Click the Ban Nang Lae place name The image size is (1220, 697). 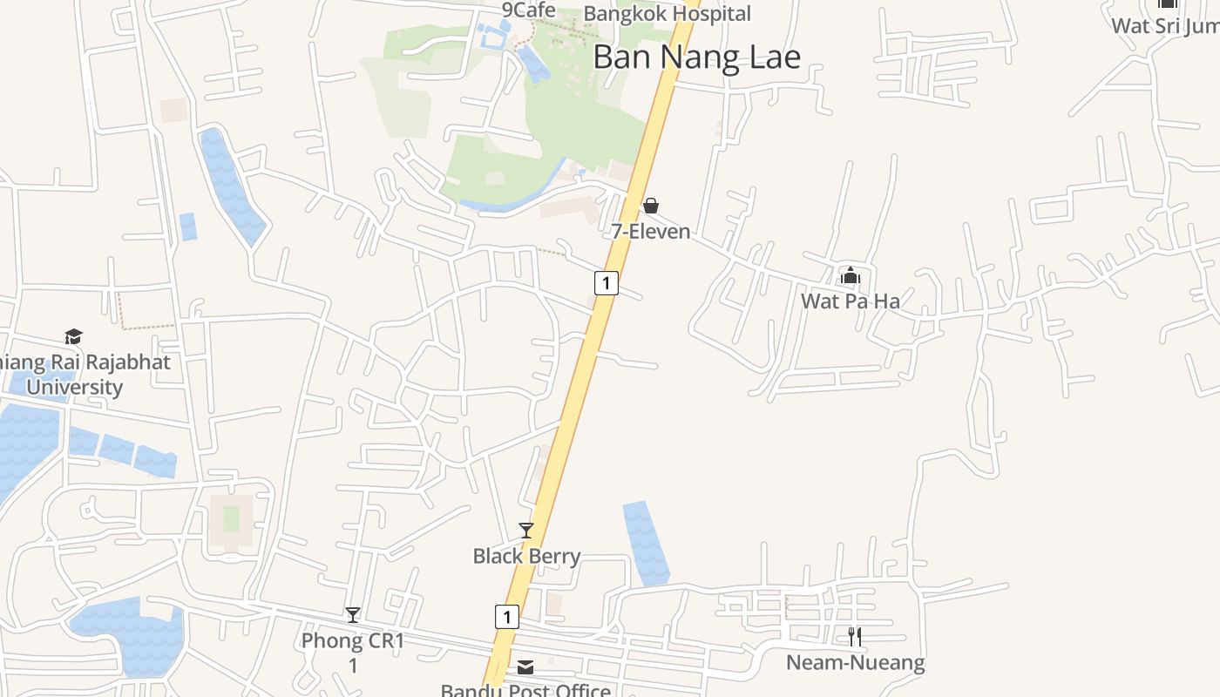(696, 58)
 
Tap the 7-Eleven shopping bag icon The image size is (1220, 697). (650, 206)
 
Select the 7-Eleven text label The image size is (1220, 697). (650, 232)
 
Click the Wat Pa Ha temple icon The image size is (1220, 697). (851, 276)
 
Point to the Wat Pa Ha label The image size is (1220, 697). (851, 301)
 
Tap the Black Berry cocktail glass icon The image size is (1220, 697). (526, 530)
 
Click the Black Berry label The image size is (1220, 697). (526, 556)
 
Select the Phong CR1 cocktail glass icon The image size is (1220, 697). (353, 615)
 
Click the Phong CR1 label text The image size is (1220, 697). (353, 642)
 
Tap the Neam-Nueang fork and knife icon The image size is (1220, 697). (855, 637)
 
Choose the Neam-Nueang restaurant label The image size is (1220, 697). (855, 663)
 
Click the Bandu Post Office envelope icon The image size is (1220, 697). (525, 667)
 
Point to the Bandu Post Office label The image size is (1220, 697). (525, 690)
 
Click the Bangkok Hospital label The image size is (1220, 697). (667, 14)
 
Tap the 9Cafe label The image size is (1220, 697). (528, 10)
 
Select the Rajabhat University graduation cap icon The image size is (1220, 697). (73, 336)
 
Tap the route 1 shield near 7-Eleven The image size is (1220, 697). (607, 282)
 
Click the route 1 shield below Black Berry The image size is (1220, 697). (506, 617)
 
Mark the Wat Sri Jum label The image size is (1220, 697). (1165, 25)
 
